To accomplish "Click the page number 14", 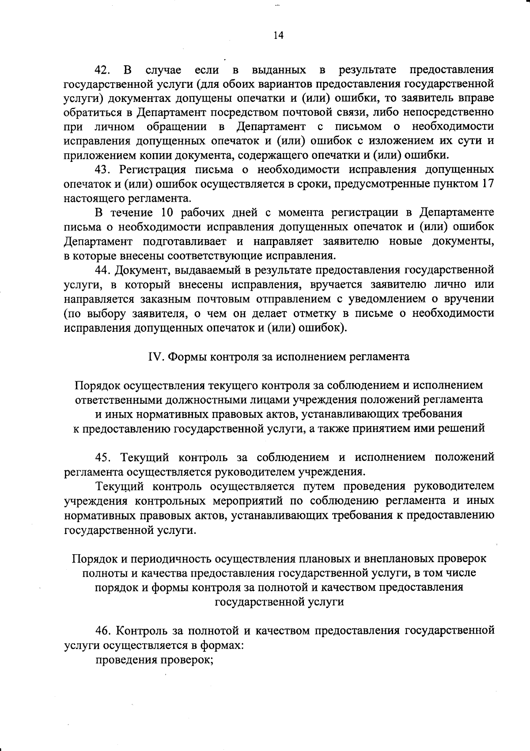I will click(278, 36).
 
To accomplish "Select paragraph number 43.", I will click(105, 170).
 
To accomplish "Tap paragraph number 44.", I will click(105, 270).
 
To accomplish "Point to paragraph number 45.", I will click(105, 457).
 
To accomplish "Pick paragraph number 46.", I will click(105, 631).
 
